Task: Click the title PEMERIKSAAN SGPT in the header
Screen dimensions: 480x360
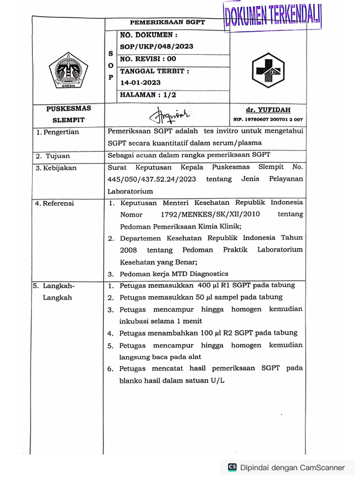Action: pyautogui.click(x=167, y=22)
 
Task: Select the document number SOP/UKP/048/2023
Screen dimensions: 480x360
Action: pyautogui.click(x=157, y=46)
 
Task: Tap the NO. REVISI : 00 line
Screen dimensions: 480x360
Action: pyautogui.click(x=148, y=59)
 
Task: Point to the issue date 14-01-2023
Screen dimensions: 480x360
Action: pyautogui.click(x=141, y=82)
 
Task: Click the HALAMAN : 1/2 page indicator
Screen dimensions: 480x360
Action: pyautogui.click(x=148, y=95)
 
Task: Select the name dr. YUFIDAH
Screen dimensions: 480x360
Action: pyautogui.click(x=268, y=110)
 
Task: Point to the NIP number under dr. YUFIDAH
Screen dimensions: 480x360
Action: pyautogui.click(x=268, y=120)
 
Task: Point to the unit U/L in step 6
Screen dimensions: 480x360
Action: pyautogui.click(x=217, y=381)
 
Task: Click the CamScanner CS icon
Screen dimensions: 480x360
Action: pyautogui.click(x=232, y=467)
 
